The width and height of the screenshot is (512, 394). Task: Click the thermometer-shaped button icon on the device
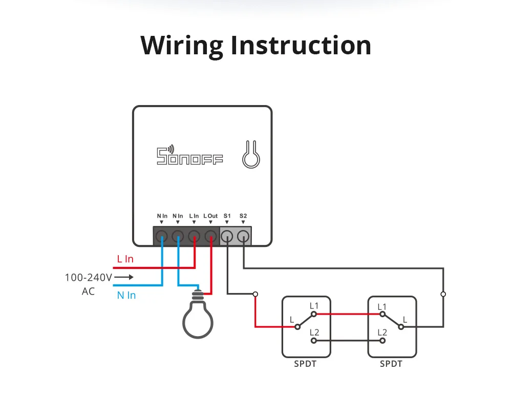coord(251,155)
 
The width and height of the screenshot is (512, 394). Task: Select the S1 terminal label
coord(227,216)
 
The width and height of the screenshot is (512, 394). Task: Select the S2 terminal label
coord(243,216)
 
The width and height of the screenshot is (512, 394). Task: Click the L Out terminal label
coord(210,216)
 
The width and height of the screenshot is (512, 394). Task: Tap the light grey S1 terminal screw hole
coord(227,236)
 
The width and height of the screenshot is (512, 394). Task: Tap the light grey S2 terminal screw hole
coord(243,236)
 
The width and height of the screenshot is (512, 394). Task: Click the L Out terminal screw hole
coord(210,236)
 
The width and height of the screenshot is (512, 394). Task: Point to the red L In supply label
coord(125,259)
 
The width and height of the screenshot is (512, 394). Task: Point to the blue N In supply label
coord(126,295)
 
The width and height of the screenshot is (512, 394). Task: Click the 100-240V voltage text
coord(89,277)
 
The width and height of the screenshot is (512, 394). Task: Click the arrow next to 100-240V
coord(124,277)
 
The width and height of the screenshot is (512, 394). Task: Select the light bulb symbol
coord(198,315)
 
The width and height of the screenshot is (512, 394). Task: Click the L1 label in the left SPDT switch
coord(314,306)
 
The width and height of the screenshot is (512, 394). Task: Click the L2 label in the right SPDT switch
coord(382,333)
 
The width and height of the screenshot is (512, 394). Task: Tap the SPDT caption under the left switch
coord(305,364)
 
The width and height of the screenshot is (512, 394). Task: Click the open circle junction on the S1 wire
coord(255,294)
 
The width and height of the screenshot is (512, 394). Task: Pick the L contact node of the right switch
coord(401,327)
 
